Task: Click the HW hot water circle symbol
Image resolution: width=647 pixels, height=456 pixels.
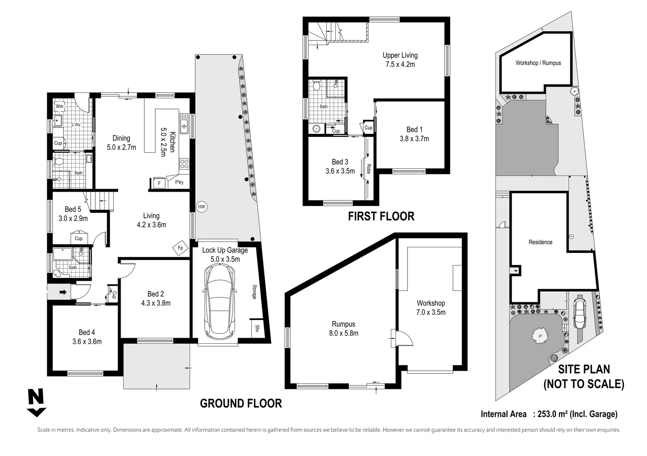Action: pos(202,207)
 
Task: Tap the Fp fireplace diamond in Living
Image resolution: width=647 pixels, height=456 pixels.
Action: pos(180,248)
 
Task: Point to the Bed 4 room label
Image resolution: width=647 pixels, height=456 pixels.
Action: pos(86,337)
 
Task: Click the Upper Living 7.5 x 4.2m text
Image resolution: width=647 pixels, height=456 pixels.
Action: pos(400,60)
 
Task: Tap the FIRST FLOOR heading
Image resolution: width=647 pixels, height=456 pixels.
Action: pos(381,216)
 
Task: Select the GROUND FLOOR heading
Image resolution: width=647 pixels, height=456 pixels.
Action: pos(240,403)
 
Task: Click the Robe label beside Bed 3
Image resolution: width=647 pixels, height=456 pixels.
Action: pos(368,168)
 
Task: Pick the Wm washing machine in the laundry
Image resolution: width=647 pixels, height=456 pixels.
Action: pos(59,106)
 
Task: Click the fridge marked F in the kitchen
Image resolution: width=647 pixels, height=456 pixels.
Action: pos(159,183)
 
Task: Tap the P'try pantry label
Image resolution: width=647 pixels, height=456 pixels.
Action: pos(179,182)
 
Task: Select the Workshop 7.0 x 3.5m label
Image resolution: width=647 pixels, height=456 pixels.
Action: pos(431,307)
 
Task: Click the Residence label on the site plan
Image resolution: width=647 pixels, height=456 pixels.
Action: pos(540,242)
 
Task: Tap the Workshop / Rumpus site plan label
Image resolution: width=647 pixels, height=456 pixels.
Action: pos(538,63)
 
